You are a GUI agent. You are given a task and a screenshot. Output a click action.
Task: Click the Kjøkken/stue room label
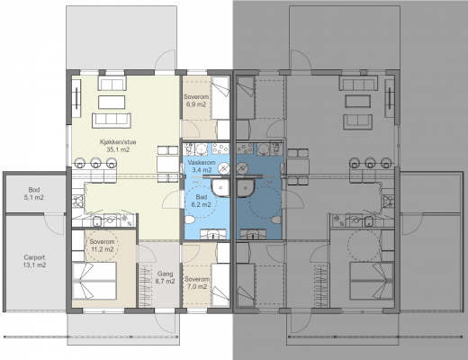coord(118,142)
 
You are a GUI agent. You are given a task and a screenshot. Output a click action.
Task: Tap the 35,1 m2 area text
coord(118,149)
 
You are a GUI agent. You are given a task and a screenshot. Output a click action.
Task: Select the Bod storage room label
coord(34,190)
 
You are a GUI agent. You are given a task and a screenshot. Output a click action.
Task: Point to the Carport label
coord(34,257)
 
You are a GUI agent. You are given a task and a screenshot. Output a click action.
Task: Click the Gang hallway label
coord(166,274)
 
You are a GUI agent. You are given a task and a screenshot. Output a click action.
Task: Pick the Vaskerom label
coord(202,163)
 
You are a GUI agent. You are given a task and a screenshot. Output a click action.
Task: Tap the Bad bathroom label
coord(202,197)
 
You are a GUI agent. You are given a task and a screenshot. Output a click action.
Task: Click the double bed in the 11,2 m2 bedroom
coord(94,281)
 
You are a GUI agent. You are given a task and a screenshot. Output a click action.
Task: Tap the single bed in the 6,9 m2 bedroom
coord(220,98)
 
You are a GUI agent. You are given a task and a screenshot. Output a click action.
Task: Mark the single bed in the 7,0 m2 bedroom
coord(220,285)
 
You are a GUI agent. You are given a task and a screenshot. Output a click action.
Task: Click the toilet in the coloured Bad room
coord(190,220)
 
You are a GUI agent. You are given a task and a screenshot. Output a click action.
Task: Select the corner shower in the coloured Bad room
coord(220,188)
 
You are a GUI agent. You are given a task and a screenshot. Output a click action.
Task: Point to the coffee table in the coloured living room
coord(112,102)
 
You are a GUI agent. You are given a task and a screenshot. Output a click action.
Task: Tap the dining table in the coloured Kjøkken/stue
coord(168,165)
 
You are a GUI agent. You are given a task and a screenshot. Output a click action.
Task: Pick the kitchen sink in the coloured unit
coord(97,221)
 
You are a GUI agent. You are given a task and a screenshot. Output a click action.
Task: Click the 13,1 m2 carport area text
coord(34,265)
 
